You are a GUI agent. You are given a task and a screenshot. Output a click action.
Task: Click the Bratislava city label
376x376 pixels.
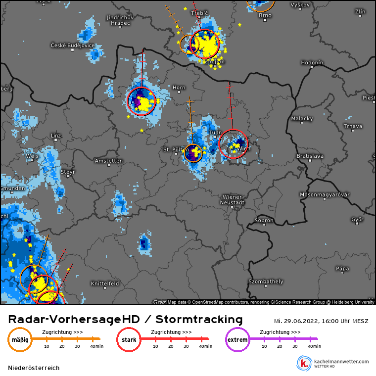(310, 156)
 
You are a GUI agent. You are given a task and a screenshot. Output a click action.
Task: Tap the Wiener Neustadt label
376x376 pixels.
(233, 200)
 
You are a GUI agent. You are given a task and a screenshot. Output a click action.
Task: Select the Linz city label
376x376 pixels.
(56, 135)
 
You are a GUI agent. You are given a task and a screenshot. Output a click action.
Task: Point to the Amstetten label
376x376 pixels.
(109, 161)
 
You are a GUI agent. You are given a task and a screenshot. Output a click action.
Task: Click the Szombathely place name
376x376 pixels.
(266, 282)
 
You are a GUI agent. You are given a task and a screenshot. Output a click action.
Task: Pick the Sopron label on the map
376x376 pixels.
(264, 220)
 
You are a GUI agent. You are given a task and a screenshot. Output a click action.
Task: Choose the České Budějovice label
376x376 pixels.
(73, 45)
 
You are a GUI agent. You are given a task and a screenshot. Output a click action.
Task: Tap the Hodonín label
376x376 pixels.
(312, 63)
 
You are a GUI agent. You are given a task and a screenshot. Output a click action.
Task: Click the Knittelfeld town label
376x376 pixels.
(105, 283)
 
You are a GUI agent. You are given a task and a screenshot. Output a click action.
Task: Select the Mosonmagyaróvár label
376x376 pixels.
(325, 194)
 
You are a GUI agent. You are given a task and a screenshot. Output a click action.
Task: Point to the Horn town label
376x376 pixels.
(179, 88)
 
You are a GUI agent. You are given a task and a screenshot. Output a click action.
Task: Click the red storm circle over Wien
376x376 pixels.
(233, 144)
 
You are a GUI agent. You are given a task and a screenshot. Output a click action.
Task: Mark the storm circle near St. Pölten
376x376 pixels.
(193, 153)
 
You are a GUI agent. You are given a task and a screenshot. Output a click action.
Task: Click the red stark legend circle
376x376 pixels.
(129, 340)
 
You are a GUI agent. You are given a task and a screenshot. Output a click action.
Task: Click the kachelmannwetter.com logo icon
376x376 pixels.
(303, 363)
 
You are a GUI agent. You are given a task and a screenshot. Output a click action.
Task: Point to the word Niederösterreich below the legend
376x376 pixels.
(34, 368)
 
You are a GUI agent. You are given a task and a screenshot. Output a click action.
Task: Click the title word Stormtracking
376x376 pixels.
(199, 319)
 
